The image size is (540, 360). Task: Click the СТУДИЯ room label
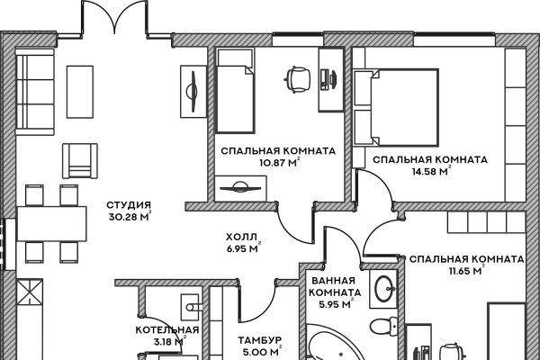click(x=129, y=205)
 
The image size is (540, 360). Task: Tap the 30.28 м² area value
click(x=130, y=217)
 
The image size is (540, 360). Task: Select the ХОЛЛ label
click(x=241, y=237)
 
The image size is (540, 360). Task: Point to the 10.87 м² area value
click(x=280, y=162)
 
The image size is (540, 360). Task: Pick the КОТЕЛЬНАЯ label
click(x=167, y=329)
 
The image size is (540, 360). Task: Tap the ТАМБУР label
click(x=260, y=340)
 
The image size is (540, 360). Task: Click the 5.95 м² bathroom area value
click(x=336, y=304)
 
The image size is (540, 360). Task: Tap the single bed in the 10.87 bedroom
click(x=235, y=91)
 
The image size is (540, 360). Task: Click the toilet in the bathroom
click(x=384, y=325)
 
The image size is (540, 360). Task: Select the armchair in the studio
click(x=80, y=161)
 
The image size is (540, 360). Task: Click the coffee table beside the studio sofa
click(x=80, y=92)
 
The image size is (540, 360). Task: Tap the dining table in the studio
click(x=51, y=224)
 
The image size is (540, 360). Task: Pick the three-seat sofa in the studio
click(x=35, y=92)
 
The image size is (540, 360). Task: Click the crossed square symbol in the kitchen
click(x=30, y=292)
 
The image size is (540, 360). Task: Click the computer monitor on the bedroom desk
click(x=334, y=79)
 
